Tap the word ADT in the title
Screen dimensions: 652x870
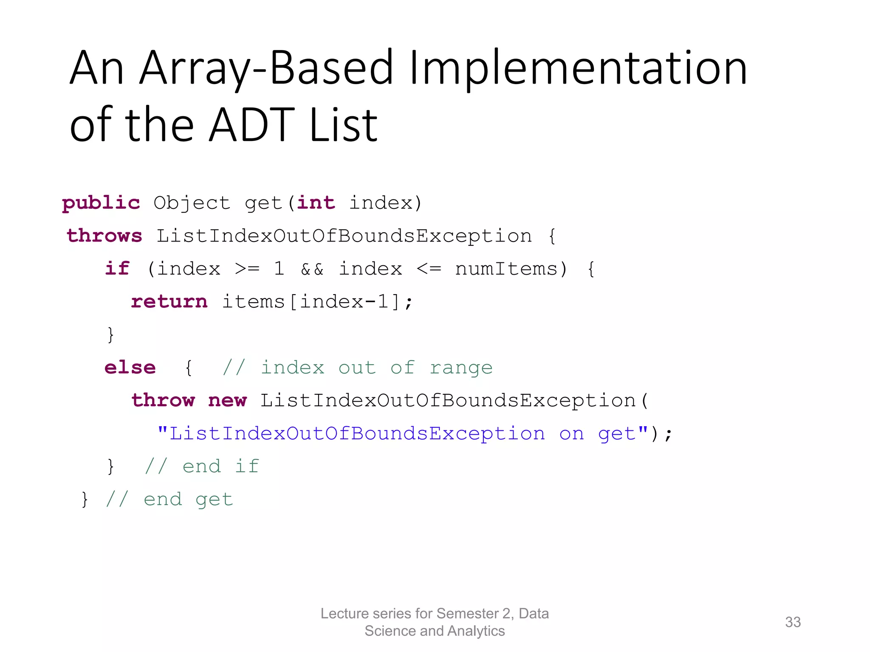point(251,125)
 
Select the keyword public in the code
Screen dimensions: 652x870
point(101,203)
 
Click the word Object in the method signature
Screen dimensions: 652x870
point(192,203)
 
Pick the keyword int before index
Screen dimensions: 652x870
point(316,202)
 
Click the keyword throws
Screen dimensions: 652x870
point(104,236)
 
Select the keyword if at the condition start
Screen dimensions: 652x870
point(117,268)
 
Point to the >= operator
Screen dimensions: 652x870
point(247,269)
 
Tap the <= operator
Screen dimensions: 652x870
point(429,269)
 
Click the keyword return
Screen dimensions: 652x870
point(169,301)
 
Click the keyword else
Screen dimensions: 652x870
point(130,368)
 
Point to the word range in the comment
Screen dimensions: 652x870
point(461,368)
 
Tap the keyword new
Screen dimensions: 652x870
point(227,400)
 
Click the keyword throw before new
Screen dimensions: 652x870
point(163,400)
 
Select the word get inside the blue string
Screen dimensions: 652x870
point(617,434)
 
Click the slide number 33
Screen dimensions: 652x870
point(793,622)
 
